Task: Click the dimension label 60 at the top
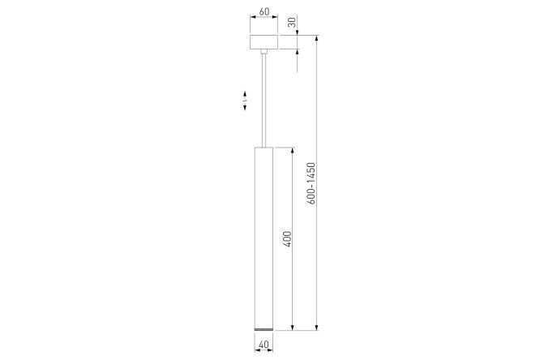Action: (264, 11)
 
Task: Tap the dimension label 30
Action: (292, 23)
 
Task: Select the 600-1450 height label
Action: (311, 183)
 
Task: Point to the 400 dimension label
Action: (287, 239)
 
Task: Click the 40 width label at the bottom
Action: (264, 344)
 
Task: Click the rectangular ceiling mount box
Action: (264, 42)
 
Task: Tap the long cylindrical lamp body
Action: (264, 238)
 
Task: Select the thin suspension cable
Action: (264, 101)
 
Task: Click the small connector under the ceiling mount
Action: (264, 52)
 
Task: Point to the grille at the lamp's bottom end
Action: (264, 330)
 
